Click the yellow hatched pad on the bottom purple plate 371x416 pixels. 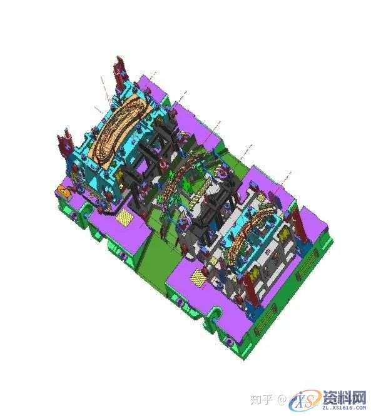197,276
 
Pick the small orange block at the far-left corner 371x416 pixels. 63,188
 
